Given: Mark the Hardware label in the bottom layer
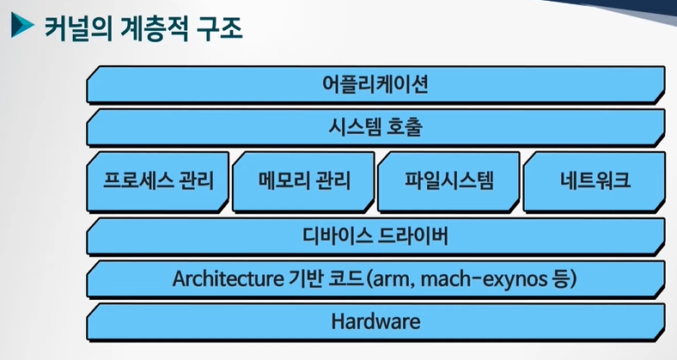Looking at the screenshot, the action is pyautogui.click(x=375, y=322).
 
